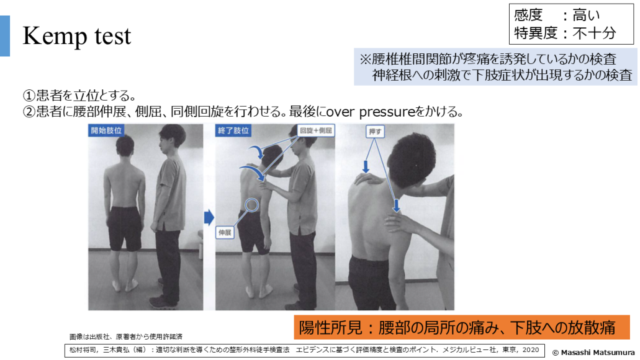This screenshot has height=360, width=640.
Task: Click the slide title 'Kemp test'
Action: [77, 36]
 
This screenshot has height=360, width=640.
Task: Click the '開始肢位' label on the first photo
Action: [106, 130]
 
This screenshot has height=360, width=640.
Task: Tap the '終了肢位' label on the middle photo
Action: [233, 130]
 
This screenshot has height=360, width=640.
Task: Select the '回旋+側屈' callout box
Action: [316, 130]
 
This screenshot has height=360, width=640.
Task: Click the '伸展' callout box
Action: [225, 233]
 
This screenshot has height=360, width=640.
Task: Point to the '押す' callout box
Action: [375, 132]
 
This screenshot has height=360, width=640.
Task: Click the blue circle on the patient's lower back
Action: [252, 205]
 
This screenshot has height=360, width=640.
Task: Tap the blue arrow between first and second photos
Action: [209, 217]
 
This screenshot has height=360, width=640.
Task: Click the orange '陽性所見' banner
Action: [462, 327]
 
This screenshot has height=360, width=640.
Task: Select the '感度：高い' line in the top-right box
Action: [557, 15]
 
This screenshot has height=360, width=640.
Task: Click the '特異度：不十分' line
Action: [565, 33]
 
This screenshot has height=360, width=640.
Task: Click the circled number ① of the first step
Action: [29, 96]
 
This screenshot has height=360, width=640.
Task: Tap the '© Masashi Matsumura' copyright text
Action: [593, 353]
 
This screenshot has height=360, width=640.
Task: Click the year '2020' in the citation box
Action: [531, 350]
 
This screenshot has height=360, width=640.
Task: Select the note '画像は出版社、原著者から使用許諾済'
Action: [126, 337]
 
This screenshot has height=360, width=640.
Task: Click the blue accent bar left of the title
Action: [5, 36]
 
